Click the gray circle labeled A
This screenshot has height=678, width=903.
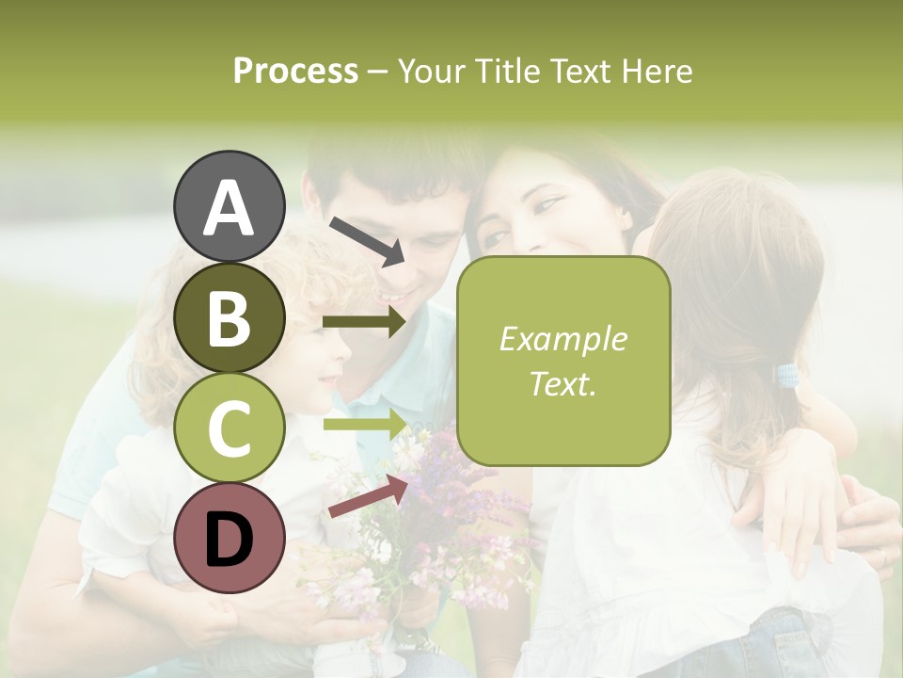click(x=229, y=206)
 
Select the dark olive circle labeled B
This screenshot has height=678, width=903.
click(x=229, y=317)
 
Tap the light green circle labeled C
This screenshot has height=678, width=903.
click(x=229, y=428)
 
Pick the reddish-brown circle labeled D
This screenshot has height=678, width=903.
click(x=229, y=539)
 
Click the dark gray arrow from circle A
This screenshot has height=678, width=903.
click(x=367, y=240)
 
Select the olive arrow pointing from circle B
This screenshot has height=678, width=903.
click(x=364, y=322)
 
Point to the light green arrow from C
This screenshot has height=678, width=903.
click(x=364, y=423)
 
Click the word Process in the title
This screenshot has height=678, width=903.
click(x=295, y=71)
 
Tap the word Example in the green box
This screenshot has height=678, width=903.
click(x=562, y=339)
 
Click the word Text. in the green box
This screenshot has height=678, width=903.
click(x=562, y=383)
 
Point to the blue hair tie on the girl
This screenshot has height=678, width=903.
click(x=787, y=376)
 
